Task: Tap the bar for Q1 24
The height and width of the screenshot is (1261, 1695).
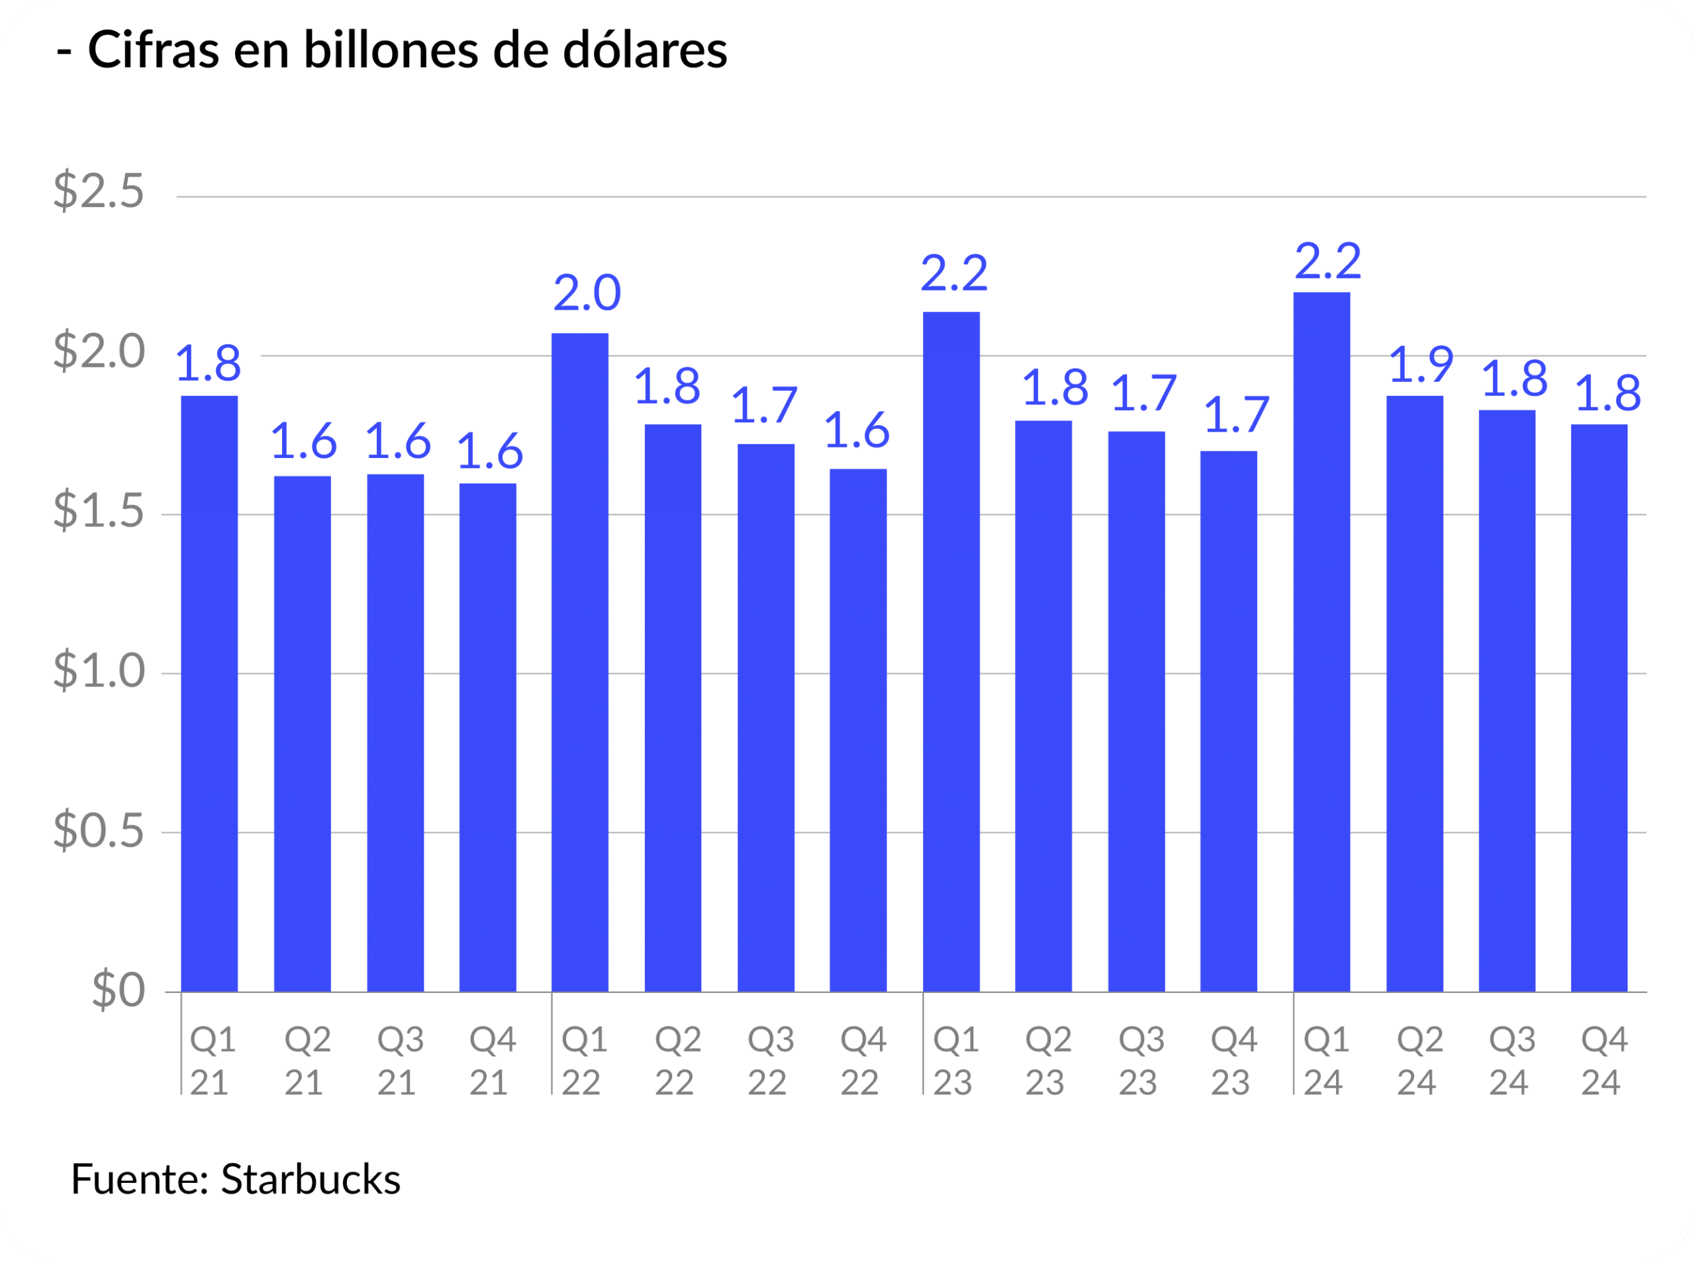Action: click(x=1322, y=641)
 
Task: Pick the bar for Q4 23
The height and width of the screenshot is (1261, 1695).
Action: click(x=1228, y=721)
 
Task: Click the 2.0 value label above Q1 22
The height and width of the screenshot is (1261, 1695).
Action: click(x=587, y=293)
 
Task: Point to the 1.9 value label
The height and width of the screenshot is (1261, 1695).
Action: click(x=1420, y=365)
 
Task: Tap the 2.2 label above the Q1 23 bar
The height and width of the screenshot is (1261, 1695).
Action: click(x=954, y=273)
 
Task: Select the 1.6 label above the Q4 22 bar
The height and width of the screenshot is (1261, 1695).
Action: click(x=857, y=430)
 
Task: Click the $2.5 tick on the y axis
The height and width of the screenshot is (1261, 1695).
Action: click(x=99, y=191)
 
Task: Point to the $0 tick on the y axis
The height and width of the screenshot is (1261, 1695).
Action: click(x=119, y=990)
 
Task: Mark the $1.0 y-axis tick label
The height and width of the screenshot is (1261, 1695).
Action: click(x=99, y=671)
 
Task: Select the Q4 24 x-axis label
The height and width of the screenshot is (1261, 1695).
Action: click(x=1604, y=1061)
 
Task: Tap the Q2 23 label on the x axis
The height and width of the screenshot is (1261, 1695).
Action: click(x=1047, y=1061)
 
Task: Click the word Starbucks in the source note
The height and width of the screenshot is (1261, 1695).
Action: click(x=311, y=1180)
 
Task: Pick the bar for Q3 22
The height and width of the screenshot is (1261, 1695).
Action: click(x=766, y=718)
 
